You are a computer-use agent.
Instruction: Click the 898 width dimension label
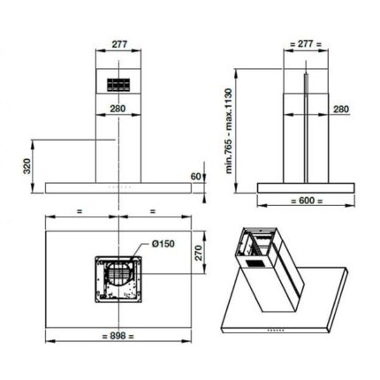(118, 336)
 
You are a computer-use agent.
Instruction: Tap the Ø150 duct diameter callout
(163, 244)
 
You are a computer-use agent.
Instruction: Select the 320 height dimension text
(27, 166)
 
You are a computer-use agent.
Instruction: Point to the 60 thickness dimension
(195, 177)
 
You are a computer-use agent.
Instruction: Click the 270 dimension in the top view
(199, 253)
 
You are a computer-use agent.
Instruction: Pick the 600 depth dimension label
(307, 201)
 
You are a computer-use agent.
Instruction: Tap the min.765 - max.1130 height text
(229, 131)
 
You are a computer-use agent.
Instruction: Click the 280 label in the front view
(118, 109)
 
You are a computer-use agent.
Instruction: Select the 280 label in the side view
(341, 110)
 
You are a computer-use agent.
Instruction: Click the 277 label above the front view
(119, 44)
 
